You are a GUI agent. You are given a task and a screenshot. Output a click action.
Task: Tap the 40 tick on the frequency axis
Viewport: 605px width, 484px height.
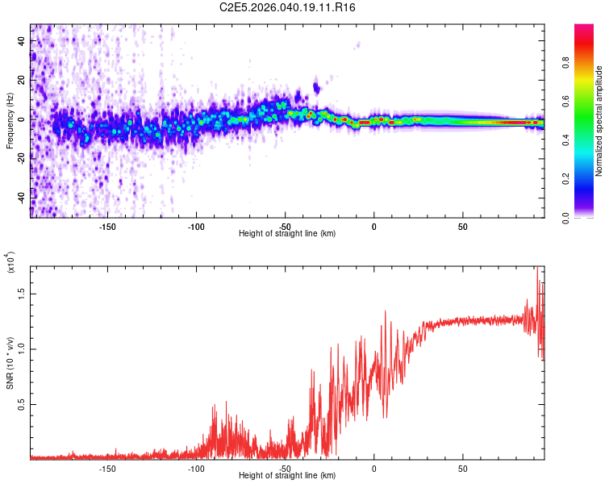(x=22, y=40)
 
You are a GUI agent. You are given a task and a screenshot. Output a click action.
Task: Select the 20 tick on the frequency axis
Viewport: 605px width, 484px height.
(x=22, y=80)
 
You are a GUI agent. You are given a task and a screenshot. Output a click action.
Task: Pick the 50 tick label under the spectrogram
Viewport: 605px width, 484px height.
(x=462, y=227)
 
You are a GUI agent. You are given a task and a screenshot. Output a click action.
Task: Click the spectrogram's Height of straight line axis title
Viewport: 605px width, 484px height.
(x=287, y=234)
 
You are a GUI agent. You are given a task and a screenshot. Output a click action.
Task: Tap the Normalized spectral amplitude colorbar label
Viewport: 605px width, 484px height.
(x=599, y=122)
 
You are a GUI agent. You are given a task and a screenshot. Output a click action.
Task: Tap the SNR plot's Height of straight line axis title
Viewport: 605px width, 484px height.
(x=287, y=476)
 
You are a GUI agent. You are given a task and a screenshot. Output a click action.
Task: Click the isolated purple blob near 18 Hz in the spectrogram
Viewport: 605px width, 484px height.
(x=317, y=86)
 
